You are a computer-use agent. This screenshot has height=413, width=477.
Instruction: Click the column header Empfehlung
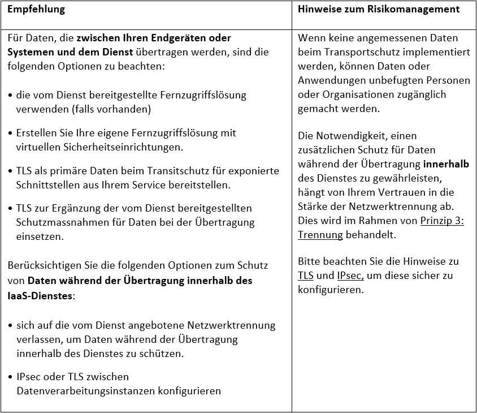point(36,10)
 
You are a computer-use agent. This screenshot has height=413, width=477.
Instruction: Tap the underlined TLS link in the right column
point(306,276)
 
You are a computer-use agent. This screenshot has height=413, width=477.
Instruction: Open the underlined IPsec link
point(350,276)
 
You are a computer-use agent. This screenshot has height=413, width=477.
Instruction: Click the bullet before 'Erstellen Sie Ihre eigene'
point(11,134)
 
